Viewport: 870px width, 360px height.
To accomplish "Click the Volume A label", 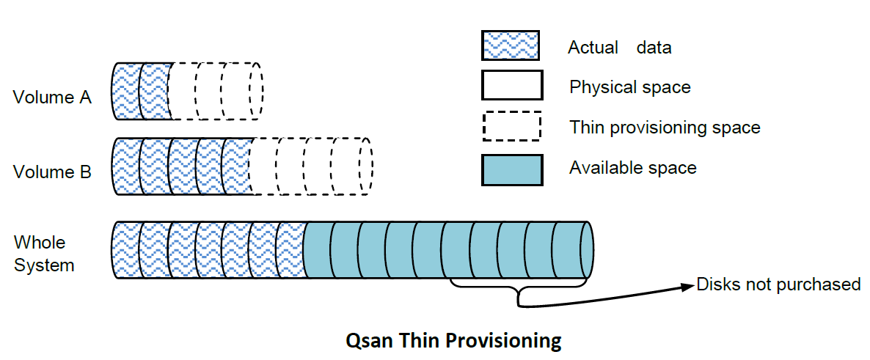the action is pyautogui.click(x=52, y=98).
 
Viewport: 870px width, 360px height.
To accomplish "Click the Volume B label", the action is pyautogui.click(x=52, y=172).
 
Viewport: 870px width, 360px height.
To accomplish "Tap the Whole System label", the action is pyautogui.click(x=44, y=254).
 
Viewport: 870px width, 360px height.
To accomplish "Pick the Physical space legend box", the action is pyautogui.click(x=511, y=86).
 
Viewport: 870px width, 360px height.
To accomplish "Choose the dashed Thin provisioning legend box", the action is pyautogui.click(x=511, y=126).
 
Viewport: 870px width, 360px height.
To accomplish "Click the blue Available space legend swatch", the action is pyautogui.click(x=511, y=169).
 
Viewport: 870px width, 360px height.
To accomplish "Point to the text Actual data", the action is pyautogui.click(x=619, y=48).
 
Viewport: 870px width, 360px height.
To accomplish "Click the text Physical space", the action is pyautogui.click(x=629, y=87).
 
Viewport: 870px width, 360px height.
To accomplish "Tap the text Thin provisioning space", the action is pyautogui.click(x=665, y=128).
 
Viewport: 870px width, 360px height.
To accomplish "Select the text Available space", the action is pyautogui.click(x=632, y=167).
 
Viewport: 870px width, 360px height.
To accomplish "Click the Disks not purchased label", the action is pyautogui.click(x=778, y=284).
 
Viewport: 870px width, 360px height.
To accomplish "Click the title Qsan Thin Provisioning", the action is pyautogui.click(x=453, y=339).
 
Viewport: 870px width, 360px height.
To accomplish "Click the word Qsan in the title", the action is pyautogui.click(x=367, y=339).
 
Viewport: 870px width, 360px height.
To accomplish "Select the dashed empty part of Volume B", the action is pyautogui.click(x=312, y=166).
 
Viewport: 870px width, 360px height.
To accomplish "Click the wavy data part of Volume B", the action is pyautogui.click(x=182, y=166).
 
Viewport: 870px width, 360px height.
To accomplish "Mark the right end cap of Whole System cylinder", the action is pyautogui.click(x=587, y=250).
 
